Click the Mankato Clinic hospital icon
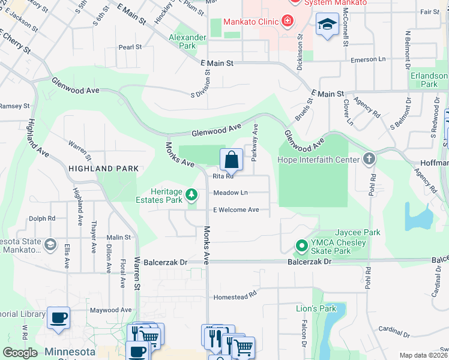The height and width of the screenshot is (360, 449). [x=288, y=22]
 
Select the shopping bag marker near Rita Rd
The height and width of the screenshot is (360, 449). [x=231, y=160]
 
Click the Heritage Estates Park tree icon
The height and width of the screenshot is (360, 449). [x=191, y=194]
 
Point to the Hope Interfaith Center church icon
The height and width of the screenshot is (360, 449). [x=369, y=159]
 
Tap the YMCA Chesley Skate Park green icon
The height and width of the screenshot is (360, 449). [x=302, y=246]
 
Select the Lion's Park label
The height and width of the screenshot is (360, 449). [x=316, y=309]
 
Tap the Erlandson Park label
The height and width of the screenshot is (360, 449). [x=429, y=80]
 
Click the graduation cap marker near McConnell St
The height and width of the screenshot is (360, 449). [x=327, y=25]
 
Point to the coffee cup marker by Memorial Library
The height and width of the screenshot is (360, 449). [x=58, y=318]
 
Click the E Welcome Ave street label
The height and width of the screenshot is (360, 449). [x=236, y=210]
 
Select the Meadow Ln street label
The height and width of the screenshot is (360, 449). [x=231, y=193]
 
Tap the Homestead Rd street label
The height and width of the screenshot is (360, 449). [x=235, y=296]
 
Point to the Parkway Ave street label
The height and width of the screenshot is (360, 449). [x=255, y=142]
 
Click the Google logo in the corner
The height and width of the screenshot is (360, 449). [x=20, y=352]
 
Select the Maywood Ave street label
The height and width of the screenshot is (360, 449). [x=110, y=310]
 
